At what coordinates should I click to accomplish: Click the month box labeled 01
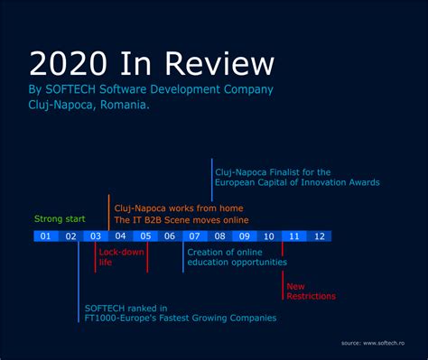[44, 236]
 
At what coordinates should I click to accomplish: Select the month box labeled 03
[95, 236]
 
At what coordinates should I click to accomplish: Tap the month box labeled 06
[170, 236]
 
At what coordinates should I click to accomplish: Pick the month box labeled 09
[244, 236]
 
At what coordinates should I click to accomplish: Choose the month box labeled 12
[319, 236]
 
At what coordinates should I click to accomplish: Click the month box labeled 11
[293, 236]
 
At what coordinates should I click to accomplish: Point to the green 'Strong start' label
[60, 218]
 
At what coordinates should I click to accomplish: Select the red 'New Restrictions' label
[311, 291]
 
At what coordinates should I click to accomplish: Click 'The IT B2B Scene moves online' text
[181, 219]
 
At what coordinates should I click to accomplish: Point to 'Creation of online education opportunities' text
[237, 257]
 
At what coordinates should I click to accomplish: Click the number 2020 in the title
[68, 63]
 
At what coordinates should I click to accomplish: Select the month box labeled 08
[219, 236]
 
